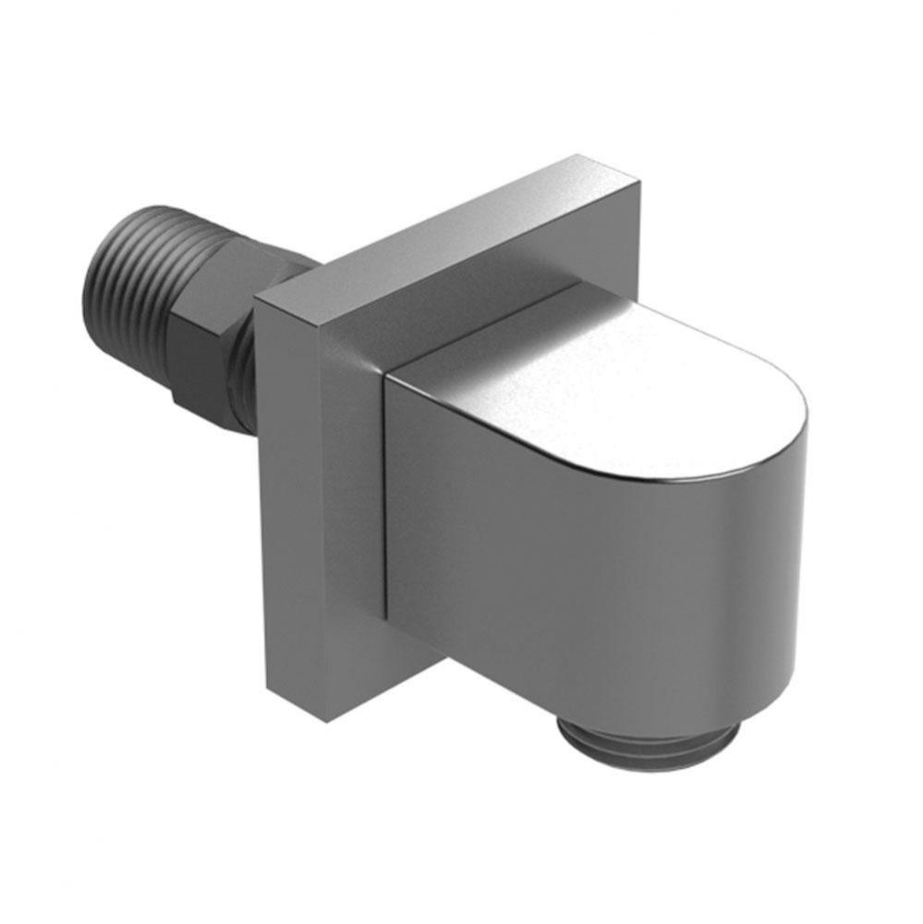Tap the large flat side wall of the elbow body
[554, 573]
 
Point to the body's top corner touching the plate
[388, 374]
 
